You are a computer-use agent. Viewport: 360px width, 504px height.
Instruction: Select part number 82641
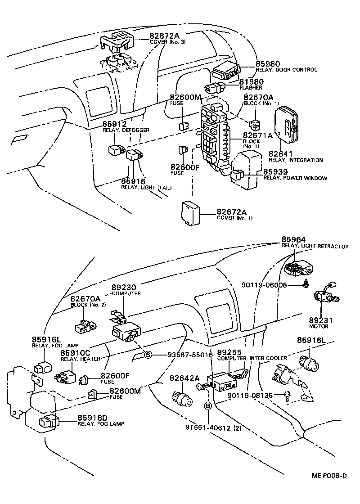(x=280, y=154)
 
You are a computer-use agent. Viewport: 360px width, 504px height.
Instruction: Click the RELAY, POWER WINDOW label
(x=295, y=178)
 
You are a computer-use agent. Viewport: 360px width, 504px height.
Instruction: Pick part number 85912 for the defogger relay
(x=114, y=124)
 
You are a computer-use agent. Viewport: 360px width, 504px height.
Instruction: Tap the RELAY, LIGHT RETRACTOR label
(x=315, y=247)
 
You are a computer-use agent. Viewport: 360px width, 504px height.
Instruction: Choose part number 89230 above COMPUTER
(x=124, y=287)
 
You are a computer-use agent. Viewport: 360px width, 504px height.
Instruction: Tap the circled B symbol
(x=208, y=405)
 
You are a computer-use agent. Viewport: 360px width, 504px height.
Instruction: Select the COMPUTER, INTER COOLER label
(x=252, y=358)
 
